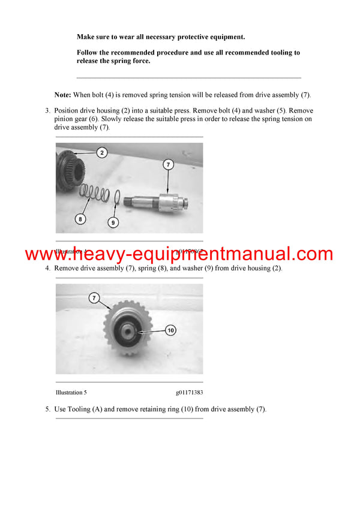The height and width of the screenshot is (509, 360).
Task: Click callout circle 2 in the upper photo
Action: tap(102, 153)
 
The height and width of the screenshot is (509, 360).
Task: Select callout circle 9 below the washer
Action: tap(113, 222)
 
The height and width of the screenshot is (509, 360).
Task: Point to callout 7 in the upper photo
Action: tap(168, 164)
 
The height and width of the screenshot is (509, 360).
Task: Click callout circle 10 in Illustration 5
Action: tap(170, 330)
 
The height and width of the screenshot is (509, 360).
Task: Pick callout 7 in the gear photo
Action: tap(93, 297)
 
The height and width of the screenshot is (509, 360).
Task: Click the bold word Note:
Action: tap(63, 95)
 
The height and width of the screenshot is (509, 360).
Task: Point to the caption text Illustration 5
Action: tap(71, 392)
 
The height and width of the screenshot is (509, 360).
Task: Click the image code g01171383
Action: tap(190, 392)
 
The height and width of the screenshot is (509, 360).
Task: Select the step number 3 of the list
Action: tap(47, 111)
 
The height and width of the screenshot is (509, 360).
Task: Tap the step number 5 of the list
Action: tap(47, 409)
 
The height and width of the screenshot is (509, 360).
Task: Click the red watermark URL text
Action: tap(179, 254)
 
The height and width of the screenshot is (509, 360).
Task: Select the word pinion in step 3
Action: tap(64, 119)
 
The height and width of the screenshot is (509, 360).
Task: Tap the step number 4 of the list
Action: tap(47, 268)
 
